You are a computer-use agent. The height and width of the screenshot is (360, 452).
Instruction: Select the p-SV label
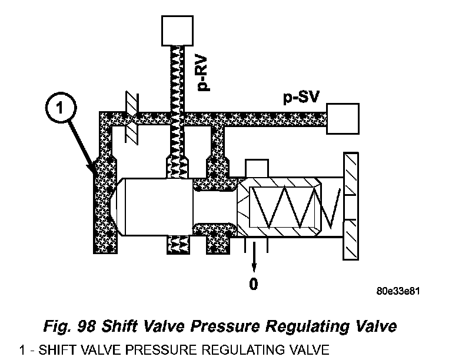click(x=297, y=99)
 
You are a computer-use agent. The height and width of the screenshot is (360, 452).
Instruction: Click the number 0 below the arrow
click(x=254, y=284)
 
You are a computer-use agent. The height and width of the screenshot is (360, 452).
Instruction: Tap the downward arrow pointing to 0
click(x=254, y=256)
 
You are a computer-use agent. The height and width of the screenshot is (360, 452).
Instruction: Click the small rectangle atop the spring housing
click(x=256, y=168)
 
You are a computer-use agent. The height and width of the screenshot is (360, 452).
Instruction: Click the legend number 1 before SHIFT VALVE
click(x=22, y=351)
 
